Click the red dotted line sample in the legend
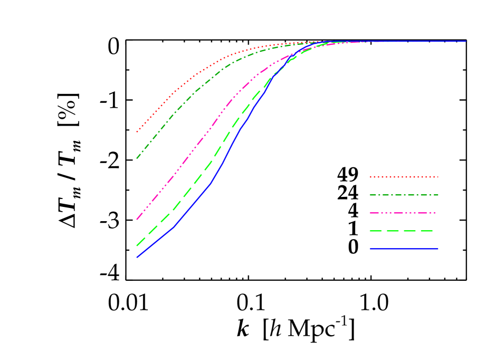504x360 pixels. pos(404,177)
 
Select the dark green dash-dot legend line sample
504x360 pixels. pos(404,195)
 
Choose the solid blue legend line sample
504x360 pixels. pos(404,249)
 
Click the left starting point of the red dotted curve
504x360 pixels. pos(137,132)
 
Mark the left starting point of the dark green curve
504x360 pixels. pos(137,158)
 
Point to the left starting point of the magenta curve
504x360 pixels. pos(137,219)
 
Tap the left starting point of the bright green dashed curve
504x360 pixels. pos(137,245)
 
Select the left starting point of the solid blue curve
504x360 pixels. pos(137,257)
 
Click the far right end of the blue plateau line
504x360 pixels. pos(466,41)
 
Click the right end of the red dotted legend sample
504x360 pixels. pos(438,177)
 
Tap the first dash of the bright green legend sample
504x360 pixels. pos(375,231)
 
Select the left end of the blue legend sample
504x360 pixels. pos(370,249)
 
